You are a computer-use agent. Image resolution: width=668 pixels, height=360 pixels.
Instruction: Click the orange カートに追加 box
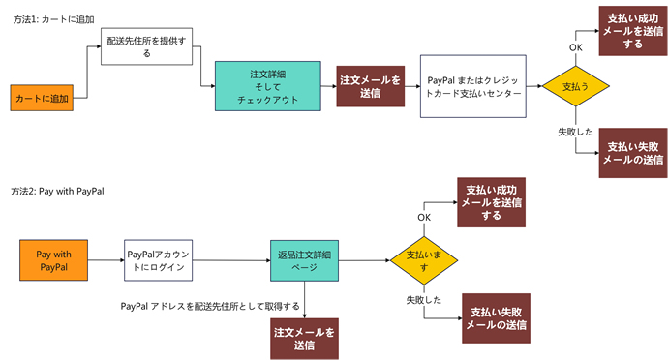[x=41, y=97]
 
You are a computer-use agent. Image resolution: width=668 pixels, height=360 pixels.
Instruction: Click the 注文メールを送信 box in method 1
[x=369, y=87]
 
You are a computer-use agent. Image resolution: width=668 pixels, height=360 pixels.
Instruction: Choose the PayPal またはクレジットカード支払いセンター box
[x=472, y=87]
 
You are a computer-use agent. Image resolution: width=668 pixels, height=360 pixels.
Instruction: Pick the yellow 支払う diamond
[x=576, y=87]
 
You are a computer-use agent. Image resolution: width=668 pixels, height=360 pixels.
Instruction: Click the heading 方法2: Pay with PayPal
[x=58, y=192]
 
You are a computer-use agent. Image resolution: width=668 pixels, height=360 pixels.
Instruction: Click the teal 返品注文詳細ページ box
[x=305, y=259]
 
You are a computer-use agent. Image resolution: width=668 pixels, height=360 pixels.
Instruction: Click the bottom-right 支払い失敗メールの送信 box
[x=497, y=318]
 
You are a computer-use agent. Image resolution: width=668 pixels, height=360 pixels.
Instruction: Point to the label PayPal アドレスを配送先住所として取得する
[x=209, y=306]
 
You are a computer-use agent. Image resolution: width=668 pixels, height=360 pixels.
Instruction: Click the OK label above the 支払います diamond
[x=424, y=217]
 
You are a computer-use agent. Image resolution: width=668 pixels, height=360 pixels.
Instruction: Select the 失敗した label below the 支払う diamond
[x=576, y=130]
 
